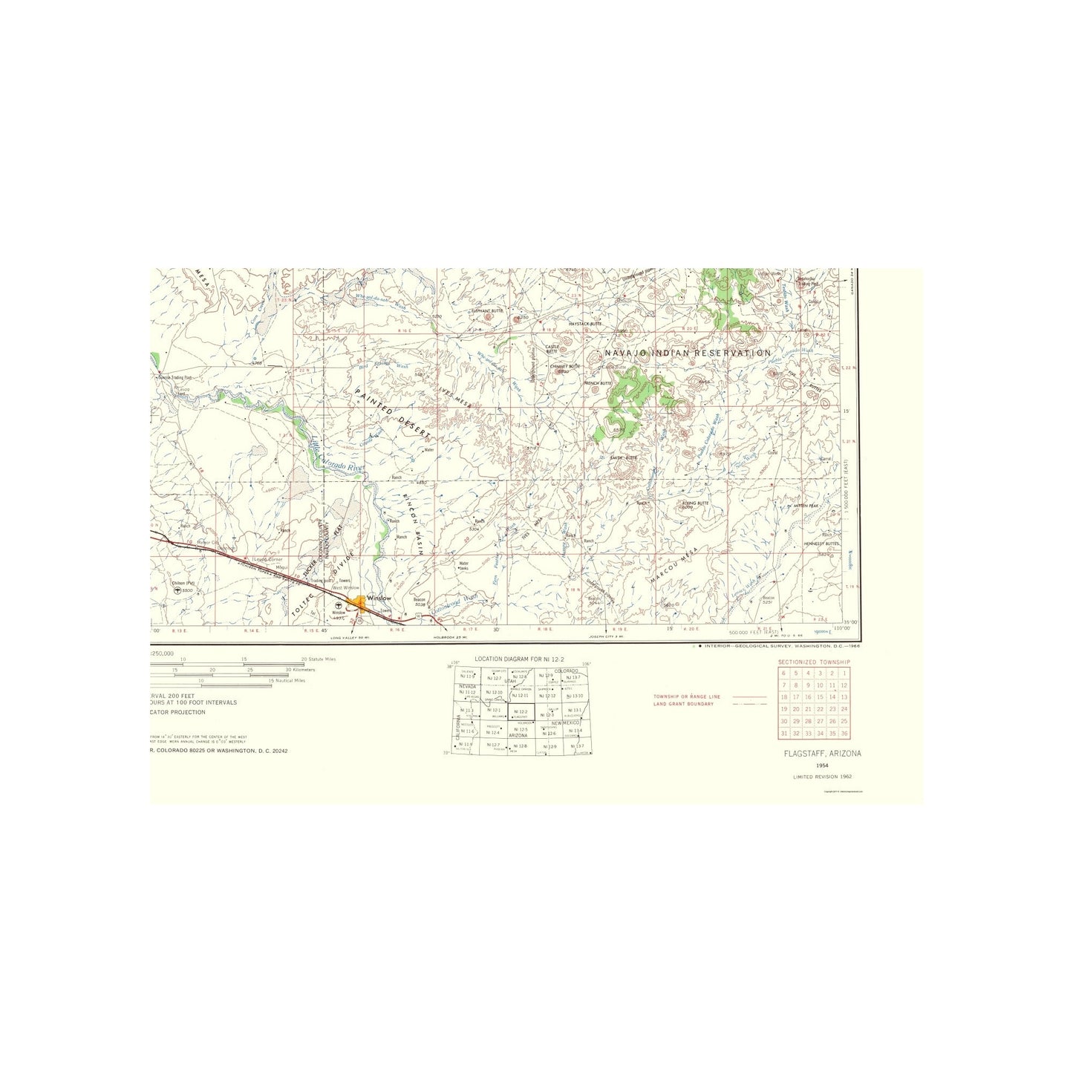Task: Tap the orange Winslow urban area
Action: (x=360, y=603)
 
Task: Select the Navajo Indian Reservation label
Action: (x=688, y=353)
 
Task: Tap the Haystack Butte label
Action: (x=585, y=324)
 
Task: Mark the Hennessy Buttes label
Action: (x=821, y=544)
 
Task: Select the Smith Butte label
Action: (x=624, y=458)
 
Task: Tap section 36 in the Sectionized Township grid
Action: (x=844, y=733)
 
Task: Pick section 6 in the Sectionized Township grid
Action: (x=783, y=673)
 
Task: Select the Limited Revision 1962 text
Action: (x=823, y=776)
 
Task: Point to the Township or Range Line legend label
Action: (x=687, y=697)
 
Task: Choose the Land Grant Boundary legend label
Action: (x=682, y=704)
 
